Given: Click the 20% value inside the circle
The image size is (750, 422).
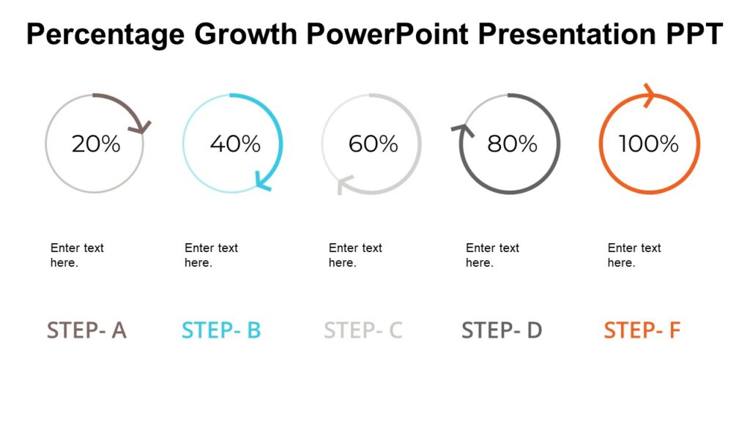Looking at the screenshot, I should click(95, 144).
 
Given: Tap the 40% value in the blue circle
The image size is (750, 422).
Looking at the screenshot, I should click(235, 144).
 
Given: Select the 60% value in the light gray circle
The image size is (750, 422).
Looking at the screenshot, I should click(373, 144).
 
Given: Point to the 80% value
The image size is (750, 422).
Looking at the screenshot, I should click(512, 144).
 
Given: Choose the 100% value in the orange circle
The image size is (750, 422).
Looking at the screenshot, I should click(649, 144).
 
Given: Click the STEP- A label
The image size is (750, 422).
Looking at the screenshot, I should click(86, 330).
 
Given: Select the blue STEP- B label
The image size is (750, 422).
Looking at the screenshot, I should click(221, 330).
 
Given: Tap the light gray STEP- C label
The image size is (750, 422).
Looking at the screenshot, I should click(363, 330).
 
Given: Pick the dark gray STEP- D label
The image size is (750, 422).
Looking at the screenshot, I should click(502, 330).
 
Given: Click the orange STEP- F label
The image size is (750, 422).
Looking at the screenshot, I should click(642, 330).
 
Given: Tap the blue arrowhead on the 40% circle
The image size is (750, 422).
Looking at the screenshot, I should click(262, 181).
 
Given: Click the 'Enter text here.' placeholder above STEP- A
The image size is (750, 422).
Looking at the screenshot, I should click(77, 255).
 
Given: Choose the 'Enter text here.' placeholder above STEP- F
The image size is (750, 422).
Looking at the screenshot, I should click(634, 255).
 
